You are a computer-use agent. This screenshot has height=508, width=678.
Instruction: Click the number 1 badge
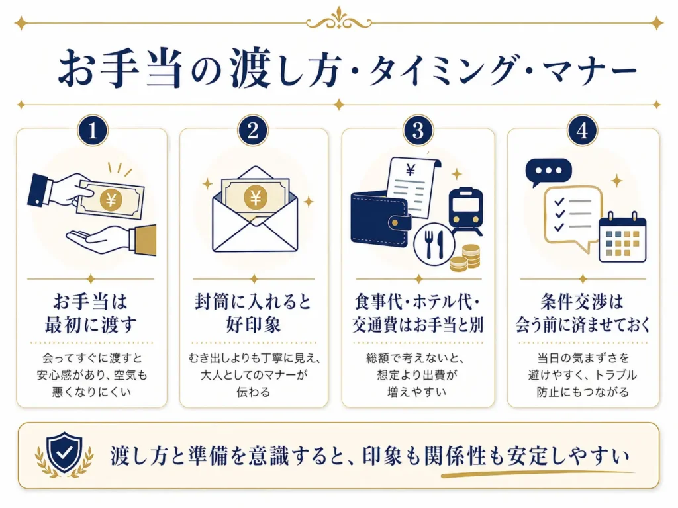pyautogui.click(x=92, y=130)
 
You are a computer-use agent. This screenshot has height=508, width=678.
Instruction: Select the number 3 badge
pyautogui.click(x=417, y=130)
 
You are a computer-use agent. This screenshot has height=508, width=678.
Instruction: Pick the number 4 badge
pyautogui.click(x=582, y=130)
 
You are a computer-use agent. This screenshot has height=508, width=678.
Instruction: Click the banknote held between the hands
pyautogui.click(x=110, y=198)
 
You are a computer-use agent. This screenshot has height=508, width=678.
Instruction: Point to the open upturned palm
pyautogui.click(x=99, y=237)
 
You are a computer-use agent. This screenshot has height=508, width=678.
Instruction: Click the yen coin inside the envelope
pyautogui.click(x=254, y=196)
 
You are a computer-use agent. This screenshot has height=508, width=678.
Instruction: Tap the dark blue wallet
pyautogui.click(x=380, y=219)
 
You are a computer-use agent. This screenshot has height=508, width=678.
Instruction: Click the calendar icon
pyautogui.click(x=622, y=237)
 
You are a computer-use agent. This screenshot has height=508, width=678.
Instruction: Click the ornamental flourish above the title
pyautogui.click(x=338, y=19)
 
